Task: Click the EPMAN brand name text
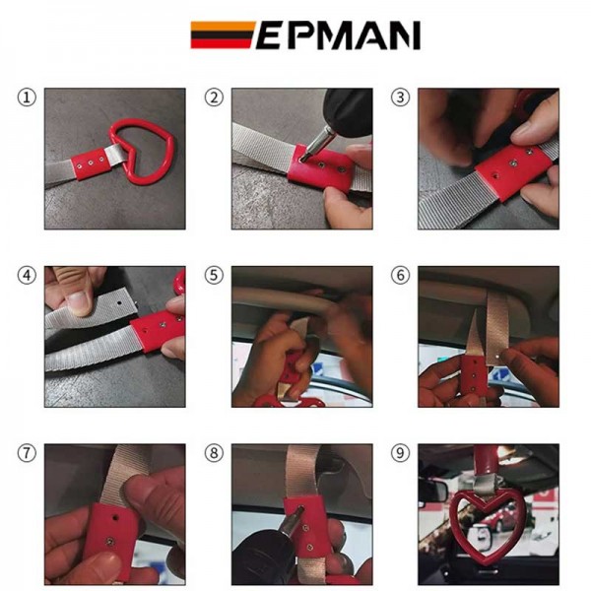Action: [x=338, y=35]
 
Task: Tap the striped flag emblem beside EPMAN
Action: [x=223, y=35]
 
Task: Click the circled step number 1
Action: [x=27, y=98]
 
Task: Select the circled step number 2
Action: [x=214, y=98]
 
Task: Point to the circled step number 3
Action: [x=400, y=98]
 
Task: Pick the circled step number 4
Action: [x=27, y=275]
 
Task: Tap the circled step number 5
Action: [x=214, y=275]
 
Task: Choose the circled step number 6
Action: [x=400, y=275]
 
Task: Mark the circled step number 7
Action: [x=27, y=453]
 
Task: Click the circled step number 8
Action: [x=214, y=453]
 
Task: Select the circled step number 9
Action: [x=400, y=453]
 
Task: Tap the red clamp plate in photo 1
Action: [x=91, y=164]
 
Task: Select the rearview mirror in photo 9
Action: [x=432, y=491]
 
